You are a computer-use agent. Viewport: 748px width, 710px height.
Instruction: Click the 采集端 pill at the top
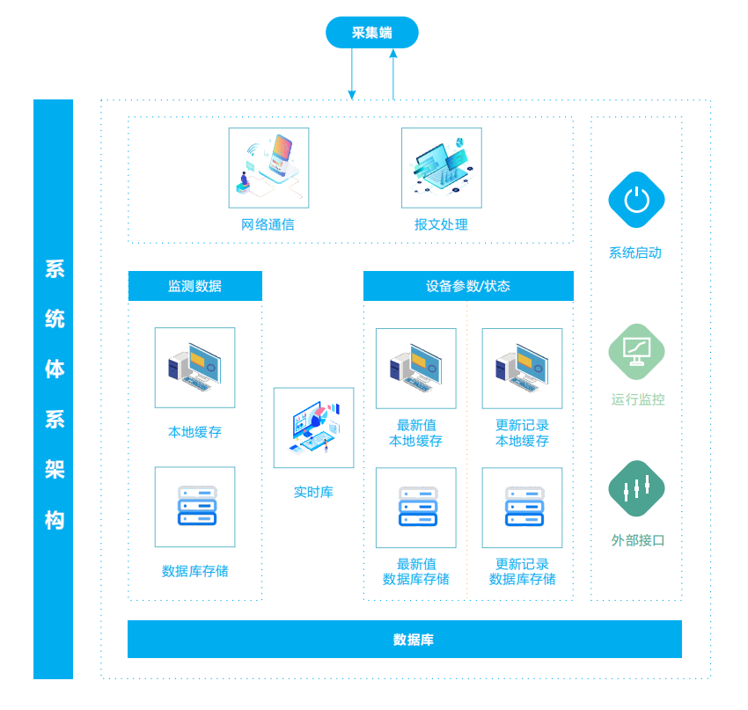tap(371, 33)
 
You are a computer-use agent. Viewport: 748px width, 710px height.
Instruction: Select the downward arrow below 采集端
tap(352, 74)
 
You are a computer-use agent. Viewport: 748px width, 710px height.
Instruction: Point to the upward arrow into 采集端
tap(393, 74)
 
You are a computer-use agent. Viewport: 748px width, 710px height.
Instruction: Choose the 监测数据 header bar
tap(195, 286)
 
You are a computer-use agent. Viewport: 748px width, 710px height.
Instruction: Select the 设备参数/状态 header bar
tap(468, 286)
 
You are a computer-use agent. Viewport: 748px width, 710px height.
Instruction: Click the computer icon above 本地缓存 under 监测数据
tap(195, 368)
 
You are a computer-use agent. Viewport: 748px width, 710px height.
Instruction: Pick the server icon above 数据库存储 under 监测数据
tap(195, 507)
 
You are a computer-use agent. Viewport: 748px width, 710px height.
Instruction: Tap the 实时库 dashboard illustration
tap(313, 428)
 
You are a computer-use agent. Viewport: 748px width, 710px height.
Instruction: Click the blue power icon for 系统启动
tap(636, 200)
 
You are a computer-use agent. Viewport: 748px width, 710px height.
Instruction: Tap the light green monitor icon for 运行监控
tap(636, 351)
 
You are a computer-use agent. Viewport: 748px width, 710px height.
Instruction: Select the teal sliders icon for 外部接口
tap(636, 488)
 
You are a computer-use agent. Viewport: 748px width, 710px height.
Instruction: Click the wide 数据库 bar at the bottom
tap(405, 640)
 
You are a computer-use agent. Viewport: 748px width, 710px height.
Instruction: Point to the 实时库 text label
tap(313, 492)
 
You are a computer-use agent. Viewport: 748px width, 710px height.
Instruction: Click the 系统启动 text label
tap(635, 253)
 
